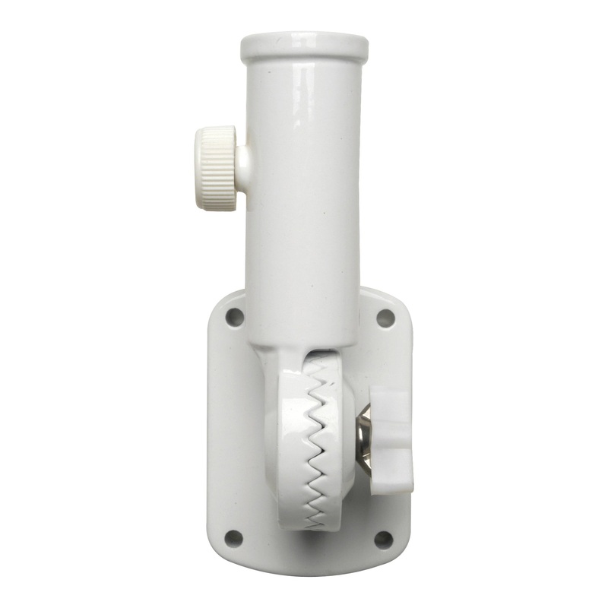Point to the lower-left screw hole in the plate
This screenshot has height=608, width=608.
click(x=235, y=537)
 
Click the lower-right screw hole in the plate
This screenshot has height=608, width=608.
click(x=384, y=539)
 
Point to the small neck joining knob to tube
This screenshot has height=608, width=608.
click(x=243, y=160)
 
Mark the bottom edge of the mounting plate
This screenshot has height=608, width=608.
click(x=308, y=569)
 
